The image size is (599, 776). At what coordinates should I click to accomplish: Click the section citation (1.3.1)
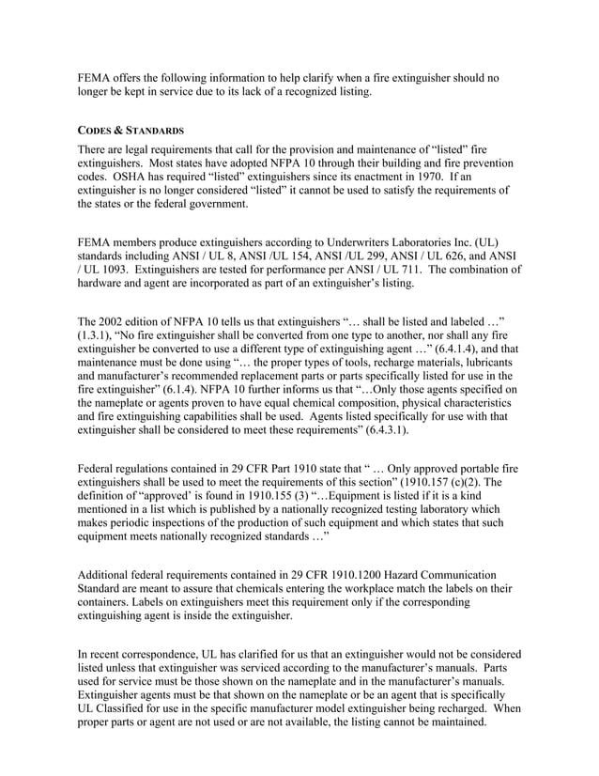tap(98, 346)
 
